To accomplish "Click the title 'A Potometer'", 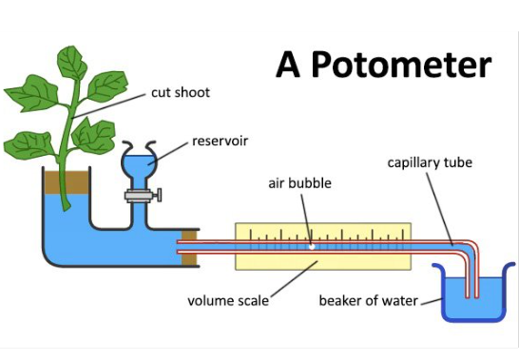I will [x=384, y=65].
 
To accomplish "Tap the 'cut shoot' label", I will [x=181, y=93].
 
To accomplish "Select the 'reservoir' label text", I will [x=221, y=142].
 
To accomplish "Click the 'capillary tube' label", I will [x=430, y=162].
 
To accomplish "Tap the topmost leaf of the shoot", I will [x=71, y=64].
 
